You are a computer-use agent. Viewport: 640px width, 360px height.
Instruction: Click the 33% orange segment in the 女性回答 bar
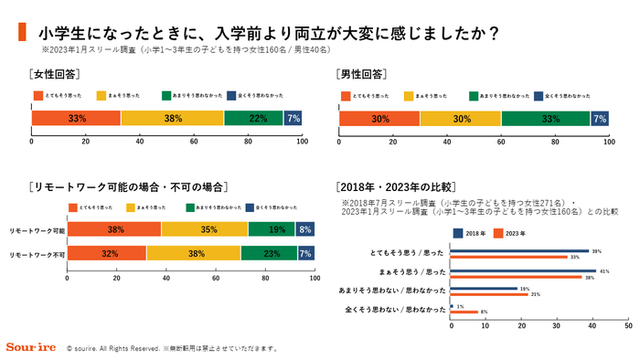(x=76, y=118)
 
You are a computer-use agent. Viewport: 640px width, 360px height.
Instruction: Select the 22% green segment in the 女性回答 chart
(x=253, y=118)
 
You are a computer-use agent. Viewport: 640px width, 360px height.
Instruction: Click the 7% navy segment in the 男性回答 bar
(x=599, y=118)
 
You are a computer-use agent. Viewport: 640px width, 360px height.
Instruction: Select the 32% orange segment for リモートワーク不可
(x=106, y=253)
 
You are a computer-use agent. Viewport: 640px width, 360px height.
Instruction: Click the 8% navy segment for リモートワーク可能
(x=305, y=229)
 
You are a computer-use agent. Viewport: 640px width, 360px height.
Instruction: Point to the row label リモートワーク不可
(x=37, y=253)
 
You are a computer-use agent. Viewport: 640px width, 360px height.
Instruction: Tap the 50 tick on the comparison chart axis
(x=628, y=324)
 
